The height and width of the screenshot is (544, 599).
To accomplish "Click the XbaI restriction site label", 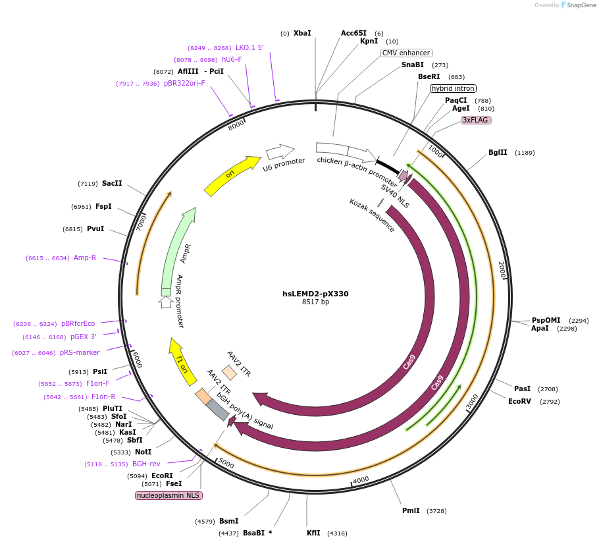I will click(x=302, y=33).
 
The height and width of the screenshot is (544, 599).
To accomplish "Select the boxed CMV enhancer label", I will click(x=406, y=53).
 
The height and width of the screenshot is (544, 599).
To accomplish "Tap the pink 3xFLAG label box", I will click(x=476, y=120).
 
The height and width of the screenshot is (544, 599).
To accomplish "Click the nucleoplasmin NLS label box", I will click(x=169, y=495).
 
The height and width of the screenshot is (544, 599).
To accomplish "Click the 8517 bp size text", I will click(x=315, y=302).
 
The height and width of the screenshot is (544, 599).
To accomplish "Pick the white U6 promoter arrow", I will click(x=280, y=152).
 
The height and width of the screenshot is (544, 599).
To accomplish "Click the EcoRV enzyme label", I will click(x=519, y=401).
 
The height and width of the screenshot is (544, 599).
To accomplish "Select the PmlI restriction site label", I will click(x=411, y=510).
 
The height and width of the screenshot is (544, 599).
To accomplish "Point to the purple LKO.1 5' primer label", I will click(x=249, y=47).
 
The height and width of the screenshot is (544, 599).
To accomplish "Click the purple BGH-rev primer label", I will click(x=146, y=464).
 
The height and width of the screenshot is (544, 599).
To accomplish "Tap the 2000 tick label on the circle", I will click(x=502, y=269).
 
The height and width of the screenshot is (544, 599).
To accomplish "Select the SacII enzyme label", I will click(x=112, y=183).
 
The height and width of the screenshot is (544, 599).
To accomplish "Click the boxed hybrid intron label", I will click(x=453, y=88).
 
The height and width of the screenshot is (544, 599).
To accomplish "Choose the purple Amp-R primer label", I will click(x=85, y=258).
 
